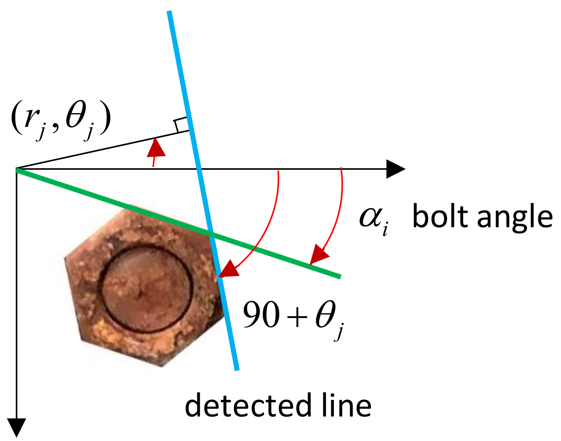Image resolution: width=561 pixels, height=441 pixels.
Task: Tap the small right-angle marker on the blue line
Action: click(181, 125)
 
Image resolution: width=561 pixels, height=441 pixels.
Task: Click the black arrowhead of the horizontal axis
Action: click(395, 169)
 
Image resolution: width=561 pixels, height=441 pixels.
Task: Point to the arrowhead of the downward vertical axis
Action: click(17, 427)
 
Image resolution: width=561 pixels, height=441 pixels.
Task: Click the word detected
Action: click(248, 405)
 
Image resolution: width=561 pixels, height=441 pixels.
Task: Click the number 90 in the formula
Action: click(261, 315)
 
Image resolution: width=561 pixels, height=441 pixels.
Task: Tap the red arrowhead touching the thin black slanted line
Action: click(156, 148)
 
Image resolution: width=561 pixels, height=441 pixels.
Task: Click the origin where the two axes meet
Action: click(17, 169)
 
